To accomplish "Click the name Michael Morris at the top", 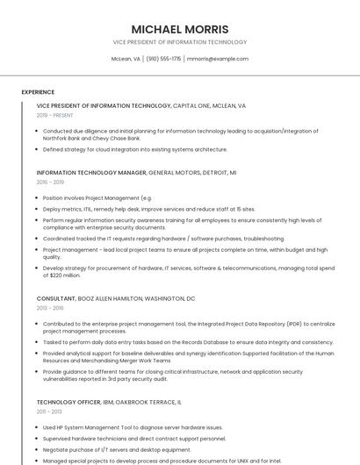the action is (x=179, y=29).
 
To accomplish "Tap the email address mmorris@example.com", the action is (x=217, y=59).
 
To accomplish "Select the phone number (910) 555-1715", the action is (x=164, y=59).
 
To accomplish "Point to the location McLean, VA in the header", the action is (x=126, y=59).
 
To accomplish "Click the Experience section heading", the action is (x=38, y=92).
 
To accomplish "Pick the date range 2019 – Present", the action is (x=54, y=115).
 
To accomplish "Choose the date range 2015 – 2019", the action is (x=50, y=182).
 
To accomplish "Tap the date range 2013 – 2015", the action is (x=50, y=308).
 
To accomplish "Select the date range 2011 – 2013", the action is (x=49, y=411).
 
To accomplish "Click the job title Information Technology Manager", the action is (x=91, y=173).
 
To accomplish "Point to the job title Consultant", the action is (x=56, y=299).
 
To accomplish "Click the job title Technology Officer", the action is (x=71, y=402).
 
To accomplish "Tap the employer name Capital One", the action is (x=193, y=106).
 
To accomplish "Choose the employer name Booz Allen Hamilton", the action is (x=115, y=299).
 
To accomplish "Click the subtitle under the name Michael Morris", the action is (x=179, y=42).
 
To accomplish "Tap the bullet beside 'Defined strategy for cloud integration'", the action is (x=38, y=150).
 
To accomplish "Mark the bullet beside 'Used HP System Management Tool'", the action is (x=38, y=427).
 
